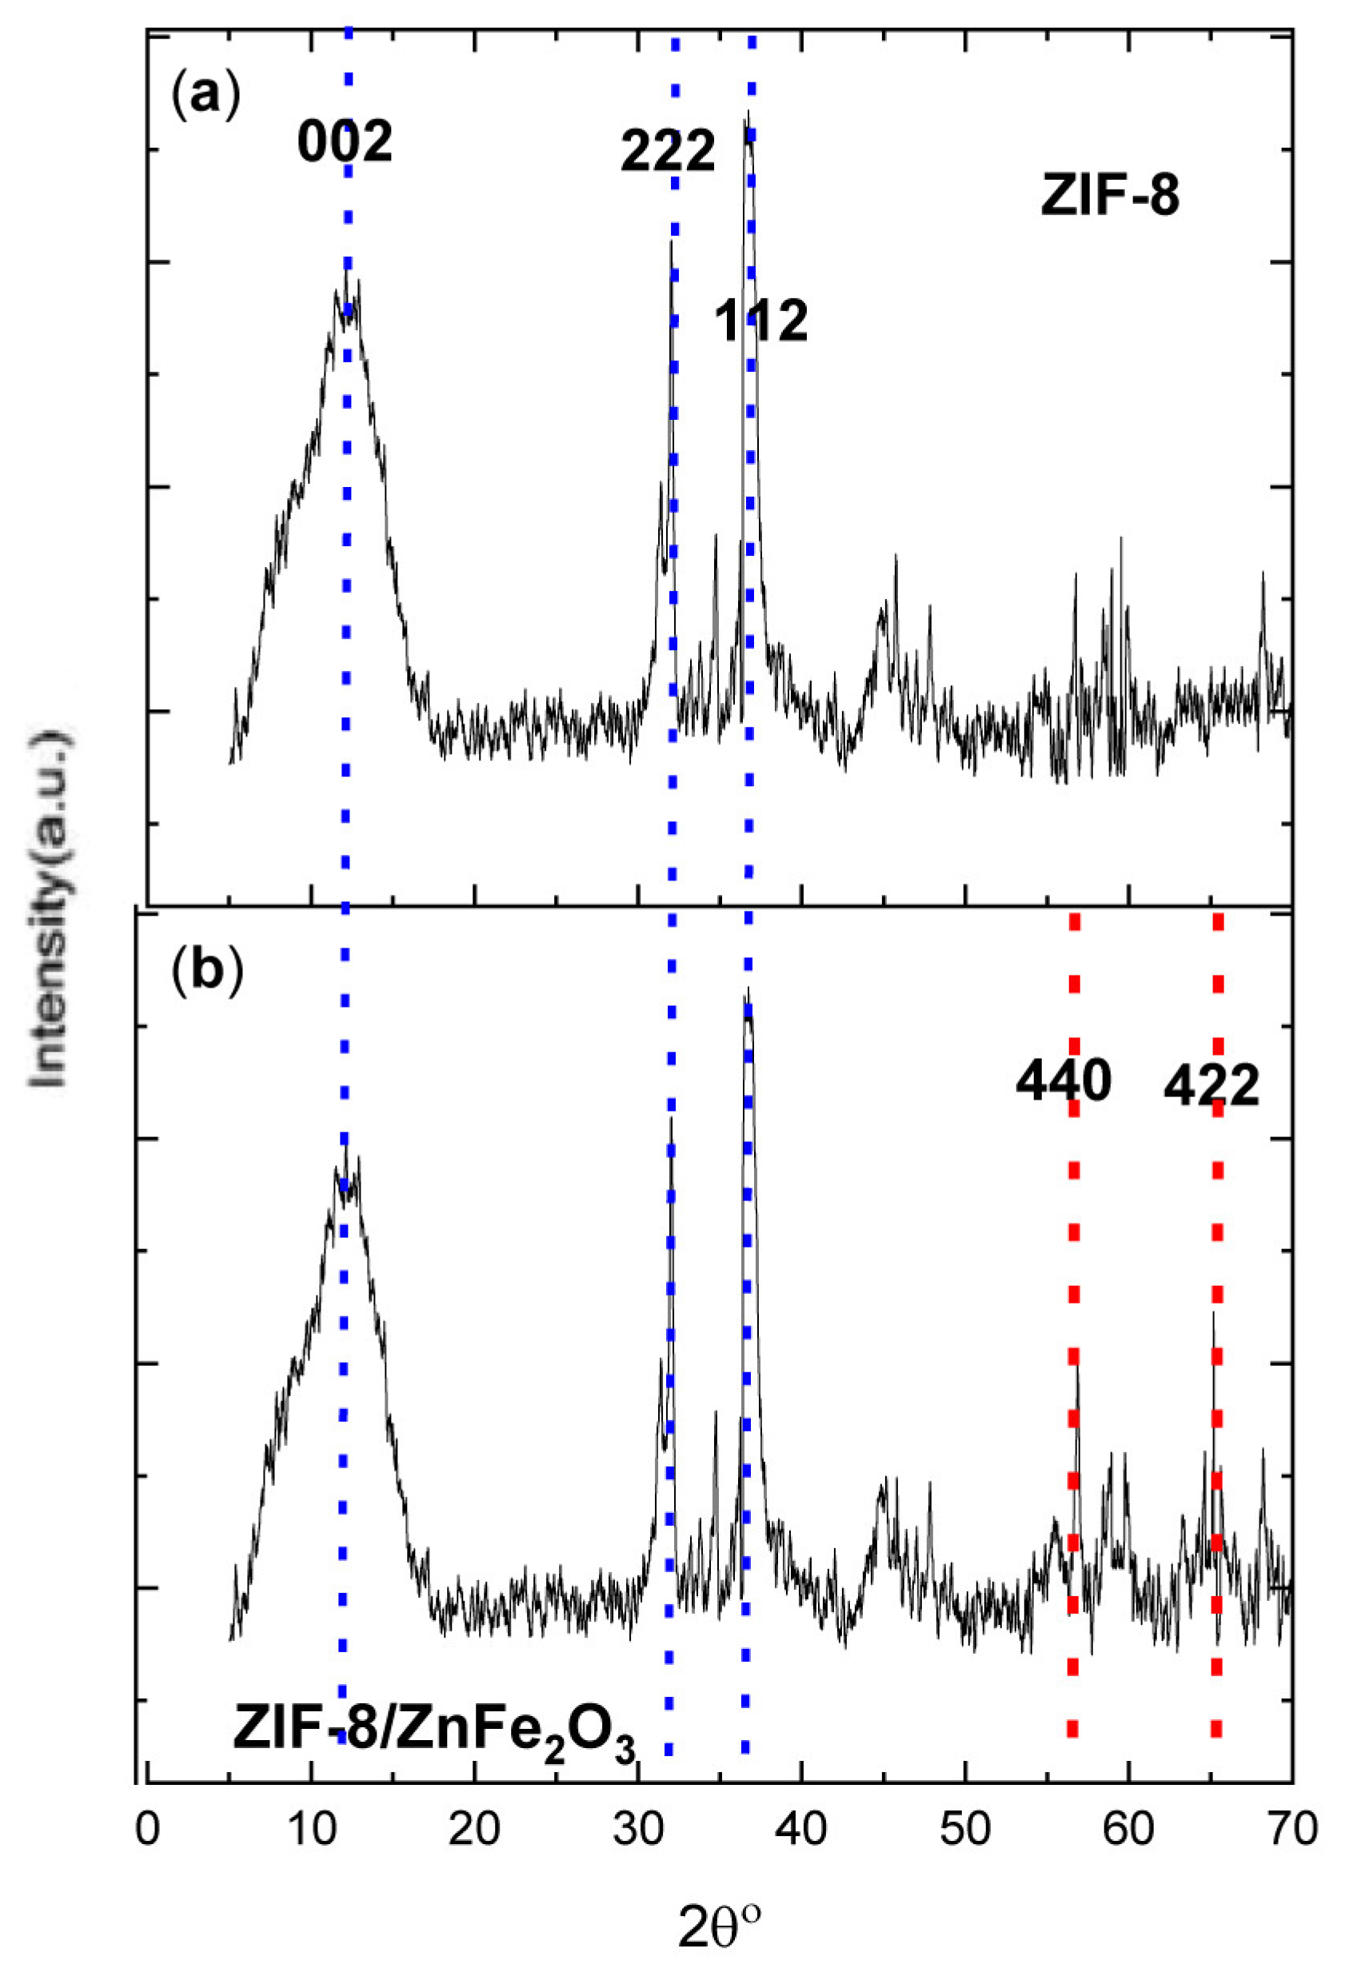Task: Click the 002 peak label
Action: (345, 142)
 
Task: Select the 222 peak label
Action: (668, 152)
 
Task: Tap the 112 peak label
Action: (760, 321)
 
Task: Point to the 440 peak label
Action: (1063, 1081)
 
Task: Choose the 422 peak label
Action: (1210, 1087)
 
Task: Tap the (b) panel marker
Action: (206, 971)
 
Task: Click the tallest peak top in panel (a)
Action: (748, 112)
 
